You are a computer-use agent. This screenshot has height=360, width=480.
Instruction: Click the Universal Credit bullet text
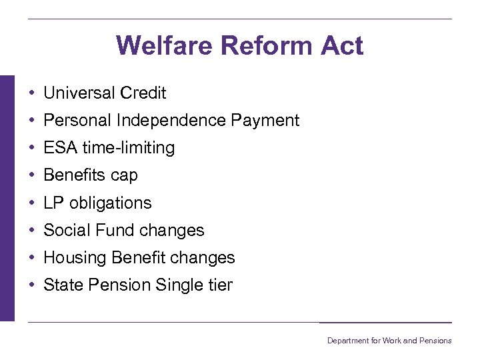[x=105, y=93]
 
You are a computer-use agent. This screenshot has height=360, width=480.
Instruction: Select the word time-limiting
[x=129, y=148]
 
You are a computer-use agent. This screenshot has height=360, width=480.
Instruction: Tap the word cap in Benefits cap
[x=124, y=175]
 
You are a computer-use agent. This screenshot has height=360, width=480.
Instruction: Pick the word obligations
[x=111, y=203]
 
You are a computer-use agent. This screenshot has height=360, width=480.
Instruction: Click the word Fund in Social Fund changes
[x=105, y=230]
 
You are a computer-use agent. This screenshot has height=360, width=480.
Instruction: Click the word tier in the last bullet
[x=219, y=285]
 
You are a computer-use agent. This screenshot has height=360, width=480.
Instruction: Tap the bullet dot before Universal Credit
[x=32, y=93]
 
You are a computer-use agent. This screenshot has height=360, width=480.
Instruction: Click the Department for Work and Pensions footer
[x=389, y=341]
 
